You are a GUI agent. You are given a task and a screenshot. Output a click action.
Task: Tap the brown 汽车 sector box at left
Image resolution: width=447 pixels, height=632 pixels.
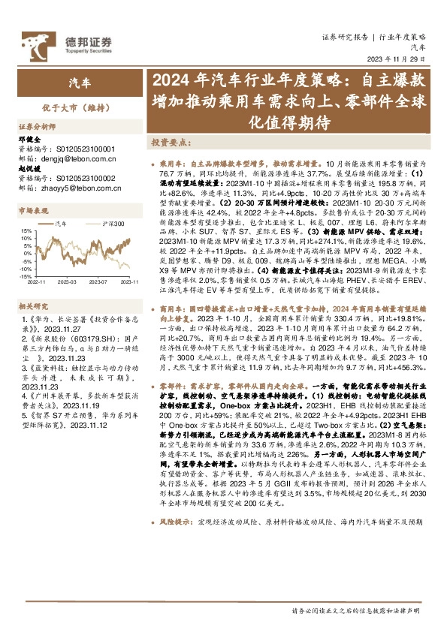[x=78, y=83]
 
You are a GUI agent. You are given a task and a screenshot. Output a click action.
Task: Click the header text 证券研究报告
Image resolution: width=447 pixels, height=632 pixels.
[x=343, y=36]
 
